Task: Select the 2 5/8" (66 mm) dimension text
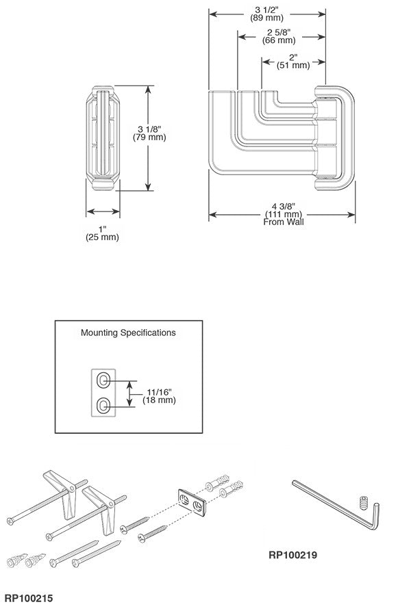click(x=278, y=36)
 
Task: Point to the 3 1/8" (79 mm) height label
click(x=148, y=132)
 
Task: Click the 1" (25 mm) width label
click(x=103, y=233)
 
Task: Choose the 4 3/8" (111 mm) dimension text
click(x=282, y=209)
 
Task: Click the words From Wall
click(x=283, y=222)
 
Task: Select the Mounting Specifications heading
click(x=128, y=333)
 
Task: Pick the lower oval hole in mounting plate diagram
click(x=102, y=406)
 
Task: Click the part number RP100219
click(x=294, y=555)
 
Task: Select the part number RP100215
click(x=29, y=598)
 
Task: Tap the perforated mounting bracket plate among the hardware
click(x=193, y=503)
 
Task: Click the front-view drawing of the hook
click(x=103, y=138)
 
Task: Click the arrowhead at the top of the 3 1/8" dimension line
click(x=148, y=88)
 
